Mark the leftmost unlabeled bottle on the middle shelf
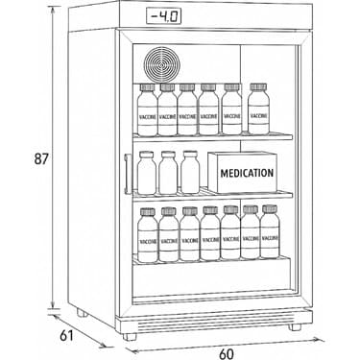(146, 173)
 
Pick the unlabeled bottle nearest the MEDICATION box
(190, 173)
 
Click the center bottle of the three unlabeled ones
(168, 173)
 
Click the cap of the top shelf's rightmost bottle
(257, 87)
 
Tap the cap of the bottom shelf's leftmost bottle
(147, 212)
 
